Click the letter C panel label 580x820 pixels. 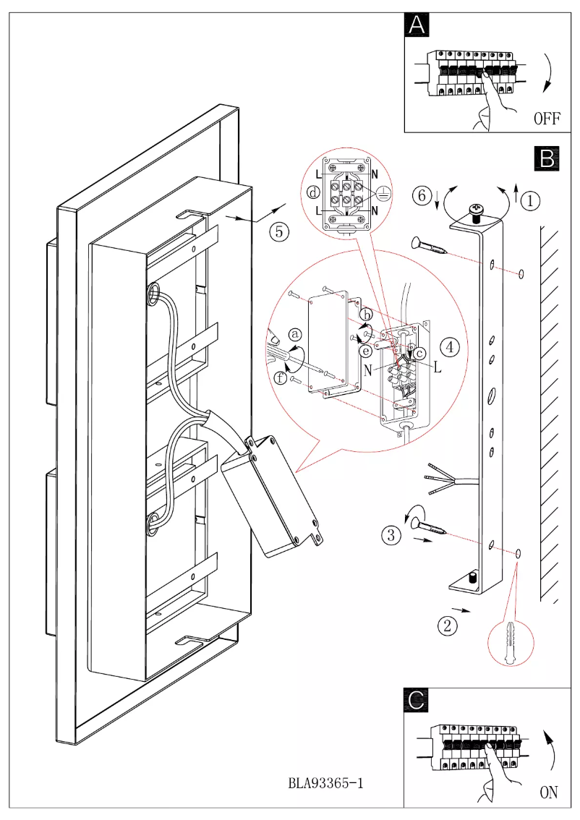pos(417,699)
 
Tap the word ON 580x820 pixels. pos(549,793)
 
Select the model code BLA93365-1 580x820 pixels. pos(325,783)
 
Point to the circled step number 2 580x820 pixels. pos(448,625)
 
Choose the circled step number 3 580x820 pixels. pos(391,536)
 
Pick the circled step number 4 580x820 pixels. pos(450,347)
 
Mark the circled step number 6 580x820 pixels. pos(423,195)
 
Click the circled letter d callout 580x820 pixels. pos(312,193)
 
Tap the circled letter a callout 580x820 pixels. pos(295,334)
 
